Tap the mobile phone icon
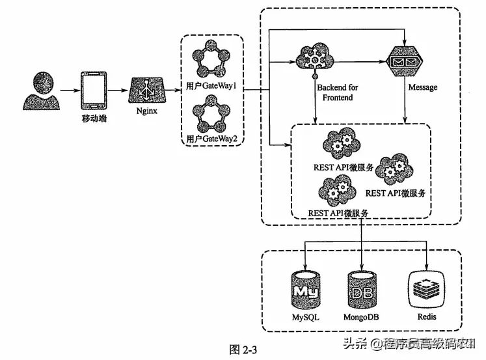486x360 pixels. click(x=92, y=90)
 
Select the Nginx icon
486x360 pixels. click(x=147, y=90)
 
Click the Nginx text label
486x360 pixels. click(x=147, y=111)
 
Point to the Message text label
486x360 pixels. click(x=422, y=87)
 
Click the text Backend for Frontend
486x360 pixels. click(x=337, y=92)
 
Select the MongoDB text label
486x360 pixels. click(x=361, y=317)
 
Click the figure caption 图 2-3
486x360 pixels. click(x=244, y=349)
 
